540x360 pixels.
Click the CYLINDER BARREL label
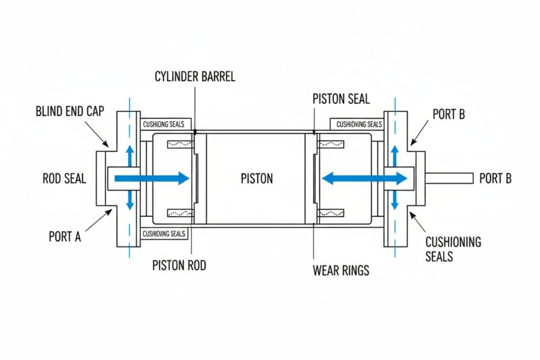[x=195, y=76]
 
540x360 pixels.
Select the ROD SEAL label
[x=64, y=179]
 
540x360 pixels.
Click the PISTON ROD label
[x=179, y=265]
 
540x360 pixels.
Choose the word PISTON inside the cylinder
[x=256, y=179]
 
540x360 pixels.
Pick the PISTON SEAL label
[x=341, y=99]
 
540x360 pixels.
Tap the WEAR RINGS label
[x=341, y=270]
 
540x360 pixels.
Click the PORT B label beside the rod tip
[x=495, y=179]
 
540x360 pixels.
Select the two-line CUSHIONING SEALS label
[x=453, y=249]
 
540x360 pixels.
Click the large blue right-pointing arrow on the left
[x=151, y=179]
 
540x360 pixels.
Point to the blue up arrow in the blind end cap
[x=130, y=155]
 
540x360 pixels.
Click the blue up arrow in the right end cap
[x=395, y=155]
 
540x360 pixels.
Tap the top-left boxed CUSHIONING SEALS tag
[x=166, y=124]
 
